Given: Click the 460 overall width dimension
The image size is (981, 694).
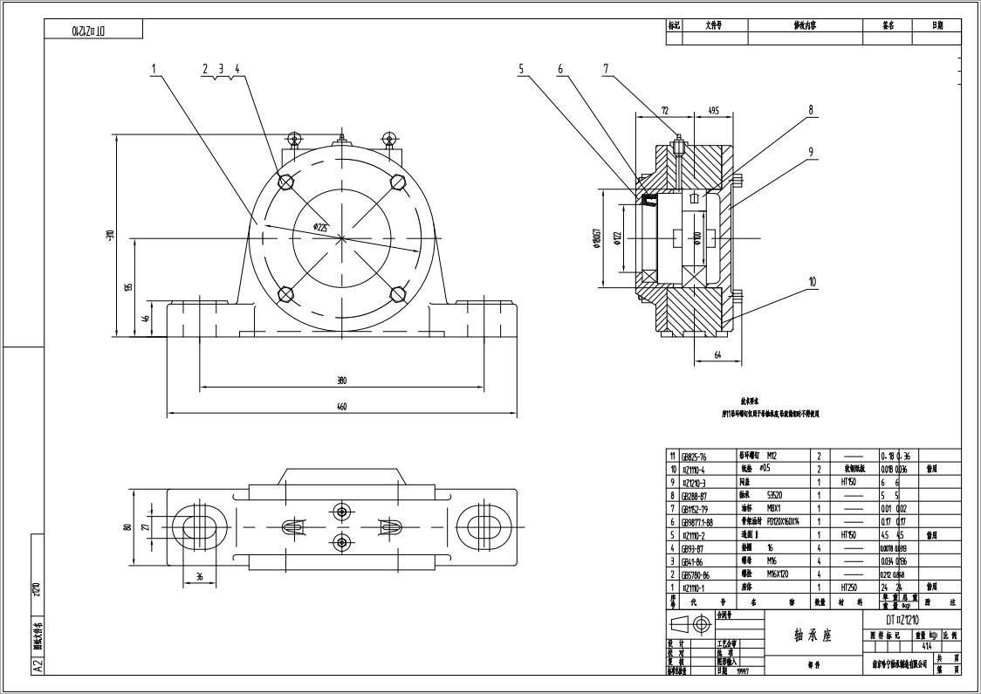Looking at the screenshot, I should [x=342, y=406].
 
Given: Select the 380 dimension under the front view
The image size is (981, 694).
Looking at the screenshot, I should [x=342, y=381].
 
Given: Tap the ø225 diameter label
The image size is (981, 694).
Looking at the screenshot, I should [x=321, y=227].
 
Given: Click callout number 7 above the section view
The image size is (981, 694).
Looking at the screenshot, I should [x=606, y=68].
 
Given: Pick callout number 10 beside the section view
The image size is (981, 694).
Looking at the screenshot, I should [x=812, y=282].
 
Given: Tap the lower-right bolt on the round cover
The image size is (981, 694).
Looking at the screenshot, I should [x=398, y=294].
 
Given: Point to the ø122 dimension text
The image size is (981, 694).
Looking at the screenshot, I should [x=617, y=237].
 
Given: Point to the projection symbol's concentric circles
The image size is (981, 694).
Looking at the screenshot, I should [x=702, y=624].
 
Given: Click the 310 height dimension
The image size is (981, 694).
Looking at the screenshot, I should [x=111, y=235].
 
